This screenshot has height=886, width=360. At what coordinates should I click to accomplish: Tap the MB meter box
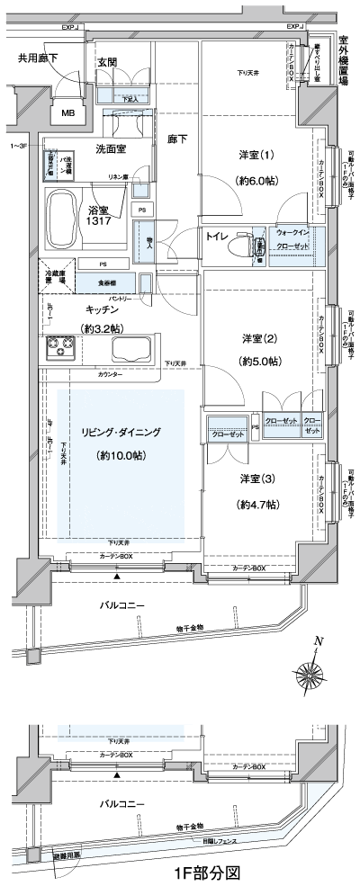(68, 113)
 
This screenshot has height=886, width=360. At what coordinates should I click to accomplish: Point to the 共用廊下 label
(38, 58)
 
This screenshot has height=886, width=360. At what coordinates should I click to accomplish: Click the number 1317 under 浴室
(100, 220)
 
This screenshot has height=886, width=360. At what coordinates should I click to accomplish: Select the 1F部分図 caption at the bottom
(180, 873)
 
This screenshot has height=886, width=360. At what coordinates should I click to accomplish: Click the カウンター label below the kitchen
(86, 374)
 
